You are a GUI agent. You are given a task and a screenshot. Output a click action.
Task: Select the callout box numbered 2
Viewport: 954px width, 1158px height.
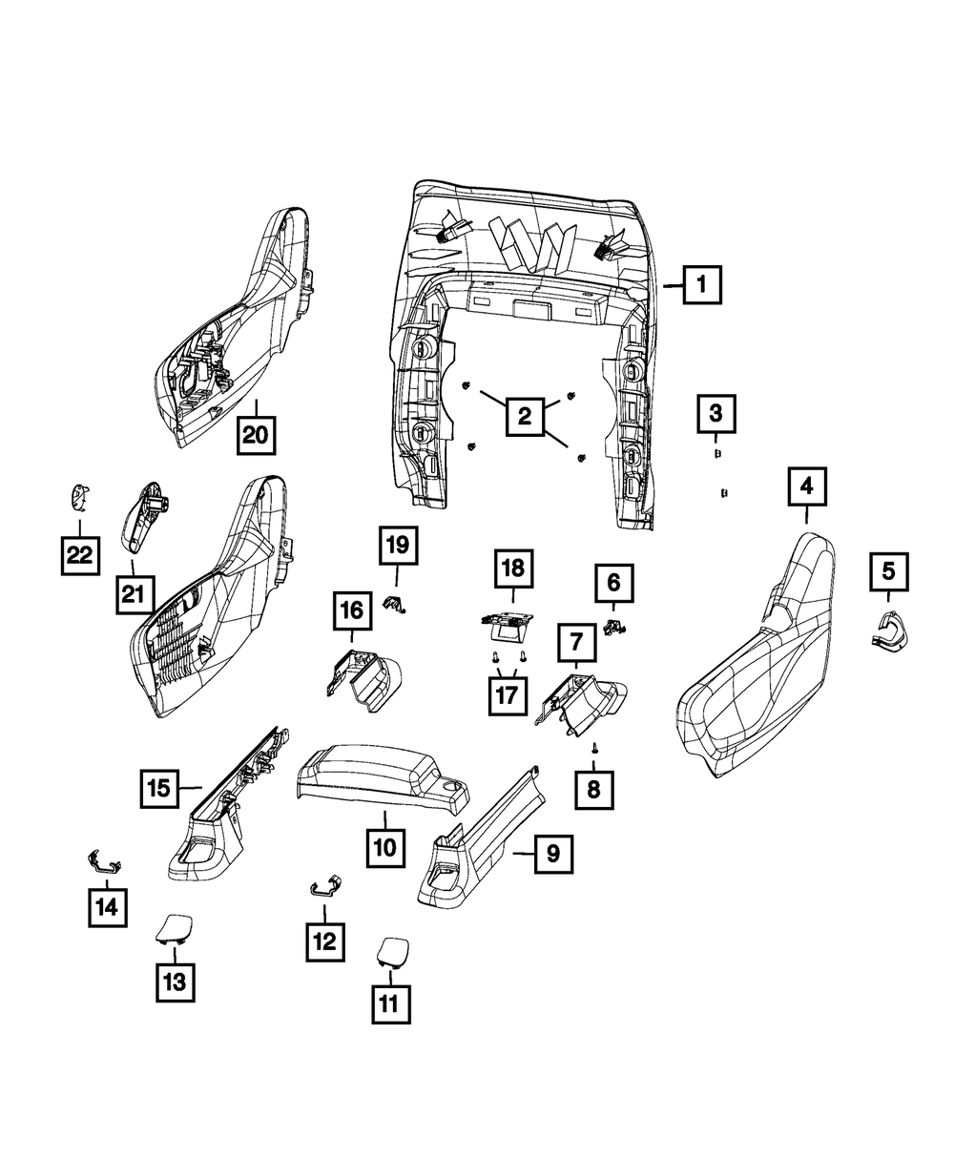pos(524,415)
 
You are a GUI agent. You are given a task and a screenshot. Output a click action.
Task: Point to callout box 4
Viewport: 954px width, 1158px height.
pos(806,486)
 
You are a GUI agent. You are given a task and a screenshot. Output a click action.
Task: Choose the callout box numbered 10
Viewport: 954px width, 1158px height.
pos(384,845)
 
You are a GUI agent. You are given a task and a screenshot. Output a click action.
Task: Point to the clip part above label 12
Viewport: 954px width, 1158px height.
pos(325,885)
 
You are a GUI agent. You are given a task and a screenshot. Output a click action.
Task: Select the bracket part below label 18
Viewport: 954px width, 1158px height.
pos(508,624)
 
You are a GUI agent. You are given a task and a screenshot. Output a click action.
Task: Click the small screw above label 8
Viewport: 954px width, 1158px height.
pos(593,749)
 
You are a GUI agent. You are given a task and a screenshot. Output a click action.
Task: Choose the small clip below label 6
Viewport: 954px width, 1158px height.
pos(616,627)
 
